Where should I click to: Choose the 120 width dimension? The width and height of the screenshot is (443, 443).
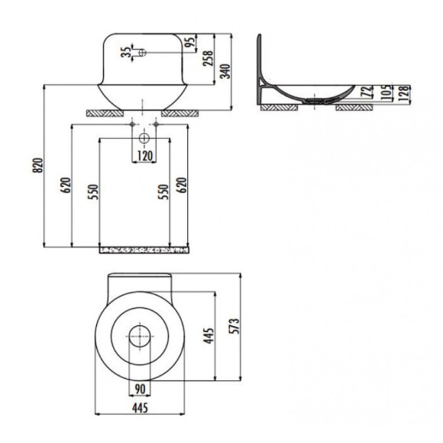click(144, 156)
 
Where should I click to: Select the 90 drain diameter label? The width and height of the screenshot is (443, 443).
click(140, 389)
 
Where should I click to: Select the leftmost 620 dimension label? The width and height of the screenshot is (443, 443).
click(66, 185)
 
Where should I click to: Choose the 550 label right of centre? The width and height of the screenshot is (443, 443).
click(162, 191)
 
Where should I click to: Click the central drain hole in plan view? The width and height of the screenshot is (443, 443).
click(140, 335)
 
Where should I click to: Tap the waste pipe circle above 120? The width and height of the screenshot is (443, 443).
click(144, 139)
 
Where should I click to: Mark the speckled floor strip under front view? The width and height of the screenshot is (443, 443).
click(144, 248)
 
